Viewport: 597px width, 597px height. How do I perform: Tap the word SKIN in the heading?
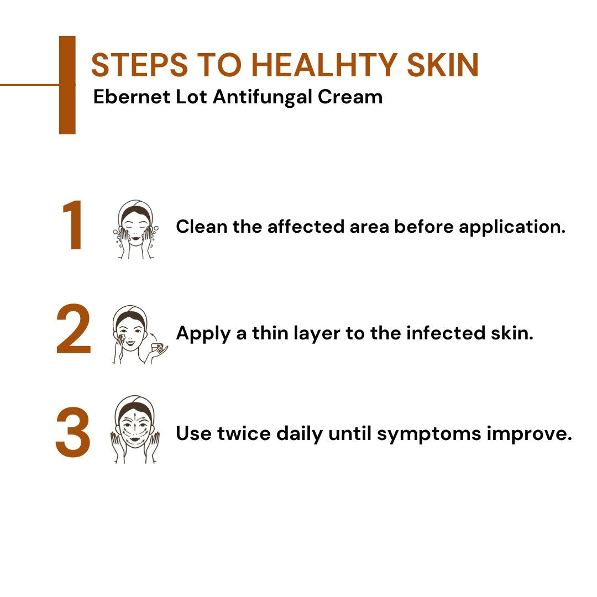(443, 65)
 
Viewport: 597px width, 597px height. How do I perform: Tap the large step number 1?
(74, 227)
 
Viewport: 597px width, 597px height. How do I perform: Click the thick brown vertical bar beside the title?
(67, 85)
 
